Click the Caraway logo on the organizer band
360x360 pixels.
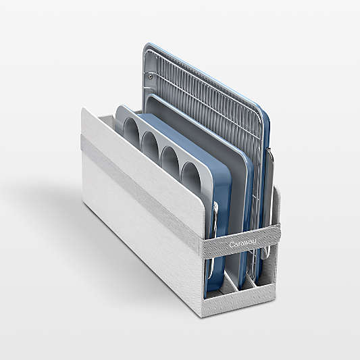[242, 243]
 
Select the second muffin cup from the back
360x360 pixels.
[151, 145]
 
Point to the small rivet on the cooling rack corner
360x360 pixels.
[150, 77]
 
